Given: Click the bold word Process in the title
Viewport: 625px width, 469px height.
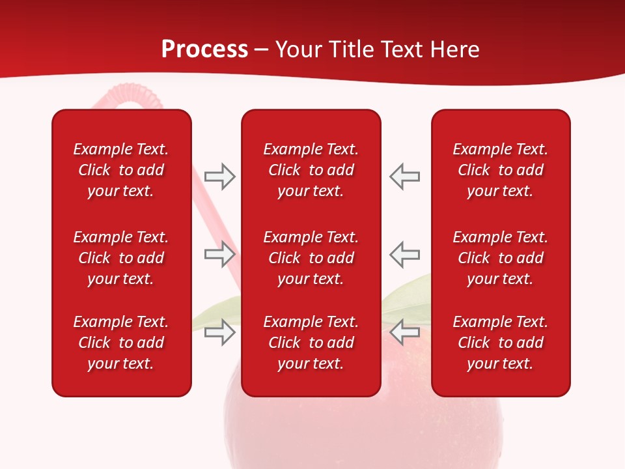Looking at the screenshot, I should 204,50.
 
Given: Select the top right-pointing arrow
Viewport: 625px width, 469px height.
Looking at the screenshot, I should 219,177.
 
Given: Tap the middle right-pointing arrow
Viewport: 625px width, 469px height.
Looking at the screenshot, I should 219,254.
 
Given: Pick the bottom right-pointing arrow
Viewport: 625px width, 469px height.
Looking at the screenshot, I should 219,332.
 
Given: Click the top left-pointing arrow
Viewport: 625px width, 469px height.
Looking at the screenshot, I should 404,177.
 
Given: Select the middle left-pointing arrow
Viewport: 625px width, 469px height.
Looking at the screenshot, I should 404,254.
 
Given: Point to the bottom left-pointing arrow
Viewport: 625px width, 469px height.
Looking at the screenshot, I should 404,332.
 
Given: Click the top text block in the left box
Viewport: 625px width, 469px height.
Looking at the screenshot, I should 121,170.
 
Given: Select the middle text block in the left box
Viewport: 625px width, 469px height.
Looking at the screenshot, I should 121,258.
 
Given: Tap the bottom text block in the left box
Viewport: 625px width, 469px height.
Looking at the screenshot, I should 121,343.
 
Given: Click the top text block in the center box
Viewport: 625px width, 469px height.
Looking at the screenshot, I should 311,170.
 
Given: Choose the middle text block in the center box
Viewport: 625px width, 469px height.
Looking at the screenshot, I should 311,258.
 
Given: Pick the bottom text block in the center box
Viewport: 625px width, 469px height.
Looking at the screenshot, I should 311,343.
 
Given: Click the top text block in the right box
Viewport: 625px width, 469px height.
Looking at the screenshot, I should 500,170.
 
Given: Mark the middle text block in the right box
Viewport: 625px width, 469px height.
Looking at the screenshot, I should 500,258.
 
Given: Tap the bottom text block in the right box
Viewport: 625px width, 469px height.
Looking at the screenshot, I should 500,343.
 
